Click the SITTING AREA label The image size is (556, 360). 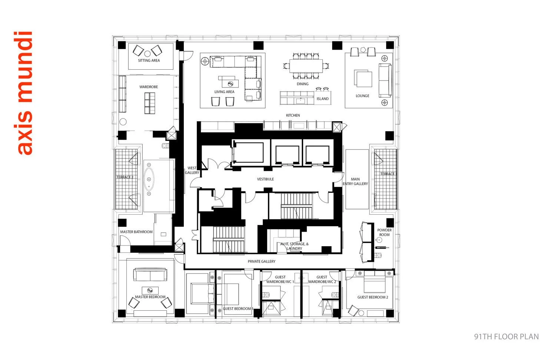click(x=149, y=60)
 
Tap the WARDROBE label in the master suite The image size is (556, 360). click(x=149, y=87)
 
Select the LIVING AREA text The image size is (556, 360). click(x=224, y=92)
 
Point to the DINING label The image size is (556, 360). click(x=302, y=84)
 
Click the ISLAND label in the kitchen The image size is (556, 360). click(x=322, y=99)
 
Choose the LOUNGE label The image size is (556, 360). click(x=362, y=96)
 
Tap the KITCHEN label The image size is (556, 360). click(x=293, y=116)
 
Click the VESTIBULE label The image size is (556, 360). click(x=265, y=179)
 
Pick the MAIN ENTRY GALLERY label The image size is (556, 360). click(x=355, y=182)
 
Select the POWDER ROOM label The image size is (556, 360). click(x=384, y=232)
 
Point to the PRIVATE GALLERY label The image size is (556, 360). click(x=262, y=262)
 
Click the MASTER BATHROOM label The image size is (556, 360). click(x=136, y=232)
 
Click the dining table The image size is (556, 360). click(x=306, y=66)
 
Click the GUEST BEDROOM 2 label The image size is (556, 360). click(x=373, y=297)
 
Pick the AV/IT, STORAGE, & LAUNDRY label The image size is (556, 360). click(x=294, y=246)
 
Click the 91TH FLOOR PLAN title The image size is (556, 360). click(x=506, y=337)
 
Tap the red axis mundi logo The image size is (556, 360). click(x=25, y=93)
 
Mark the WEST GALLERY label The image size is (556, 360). click(x=192, y=171)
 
